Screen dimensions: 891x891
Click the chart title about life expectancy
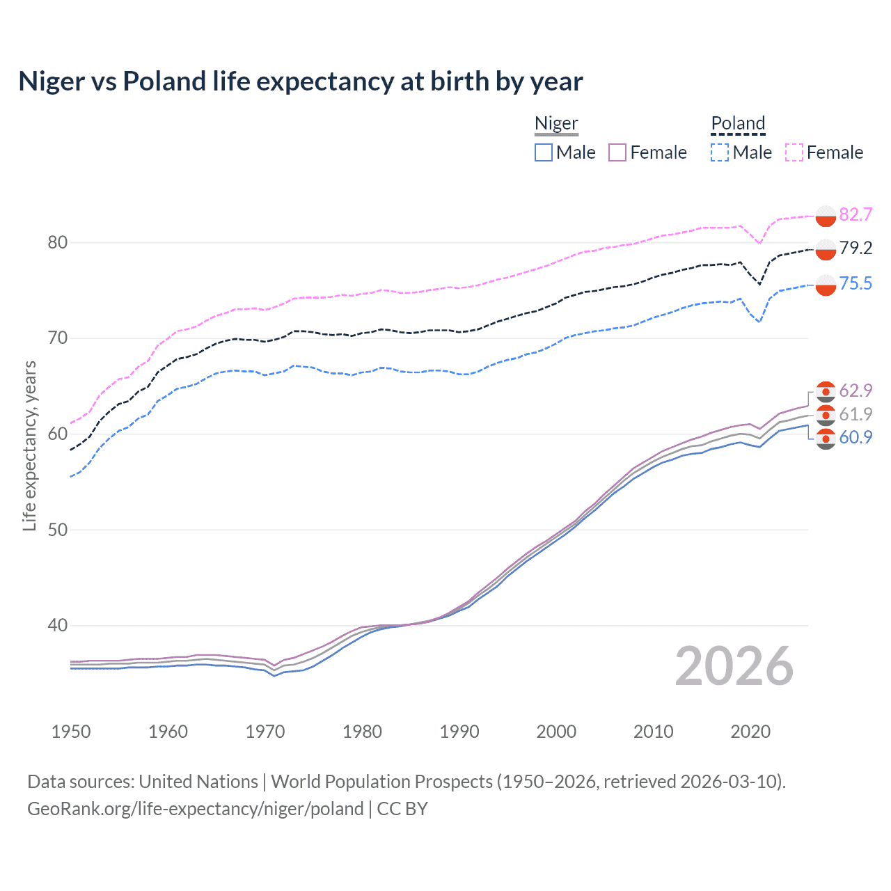click(x=300, y=81)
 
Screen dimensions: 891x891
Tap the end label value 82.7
click(x=855, y=214)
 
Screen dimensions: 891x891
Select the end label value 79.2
click(x=855, y=248)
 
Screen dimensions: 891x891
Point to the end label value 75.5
click(x=855, y=283)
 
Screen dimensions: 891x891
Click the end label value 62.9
click(x=855, y=391)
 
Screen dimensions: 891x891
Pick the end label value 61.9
click(x=855, y=414)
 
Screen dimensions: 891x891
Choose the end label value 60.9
click(x=855, y=437)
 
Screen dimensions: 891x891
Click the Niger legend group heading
click(x=556, y=123)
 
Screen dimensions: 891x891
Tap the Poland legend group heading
click(x=738, y=123)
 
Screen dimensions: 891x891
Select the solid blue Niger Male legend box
click(x=544, y=152)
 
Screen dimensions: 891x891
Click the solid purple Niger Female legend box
click(x=617, y=152)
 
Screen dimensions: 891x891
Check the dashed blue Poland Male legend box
click(x=720, y=152)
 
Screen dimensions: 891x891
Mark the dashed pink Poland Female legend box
click(x=794, y=152)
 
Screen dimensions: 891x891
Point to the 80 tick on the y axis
click(x=58, y=242)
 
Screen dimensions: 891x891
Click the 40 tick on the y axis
click(x=58, y=625)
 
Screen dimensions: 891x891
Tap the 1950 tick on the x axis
click(x=71, y=732)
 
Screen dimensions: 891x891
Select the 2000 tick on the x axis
click(x=556, y=732)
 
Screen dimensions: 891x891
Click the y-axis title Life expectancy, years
click(x=29, y=445)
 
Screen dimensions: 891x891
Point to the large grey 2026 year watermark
click(x=734, y=666)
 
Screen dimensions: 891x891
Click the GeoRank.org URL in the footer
click(x=195, y=809)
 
